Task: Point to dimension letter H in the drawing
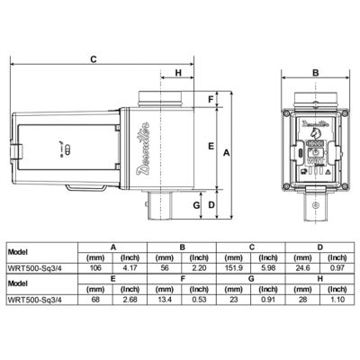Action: pos(176,74)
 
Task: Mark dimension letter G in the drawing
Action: pos(195,205)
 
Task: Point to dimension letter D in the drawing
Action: pos(211,205)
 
